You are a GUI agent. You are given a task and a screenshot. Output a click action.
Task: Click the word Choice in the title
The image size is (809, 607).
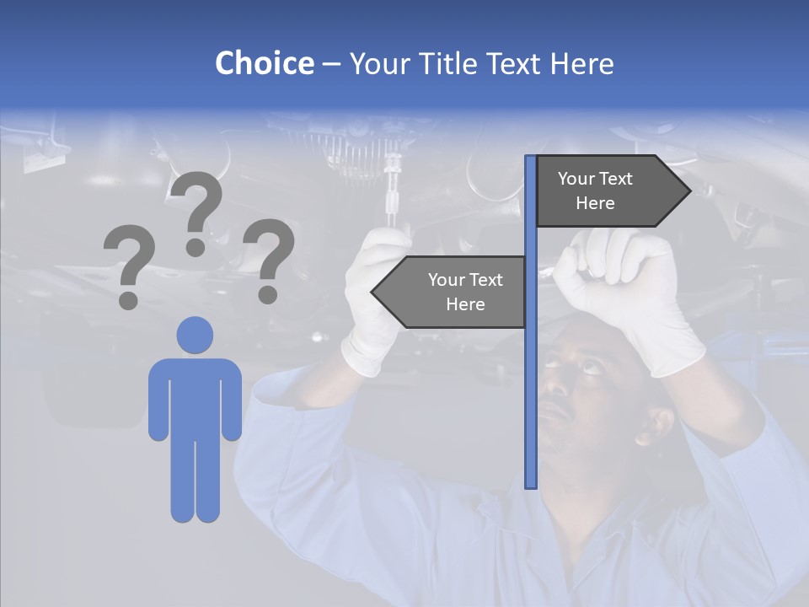tap(264, 63)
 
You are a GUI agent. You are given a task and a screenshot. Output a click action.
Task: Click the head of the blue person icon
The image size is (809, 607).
tap(195, 335)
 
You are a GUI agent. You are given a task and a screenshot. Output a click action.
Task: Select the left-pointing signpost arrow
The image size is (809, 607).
tap(450, 292)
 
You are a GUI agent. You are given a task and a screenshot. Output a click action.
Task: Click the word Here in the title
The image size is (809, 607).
tap(581, 63)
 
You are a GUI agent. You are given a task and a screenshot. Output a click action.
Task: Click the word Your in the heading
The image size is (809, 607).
tap(380, 63)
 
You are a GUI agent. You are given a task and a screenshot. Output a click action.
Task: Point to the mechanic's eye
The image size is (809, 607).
tap(587, 366)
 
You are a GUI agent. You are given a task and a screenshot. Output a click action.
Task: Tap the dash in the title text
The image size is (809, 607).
tap(331, 63)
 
